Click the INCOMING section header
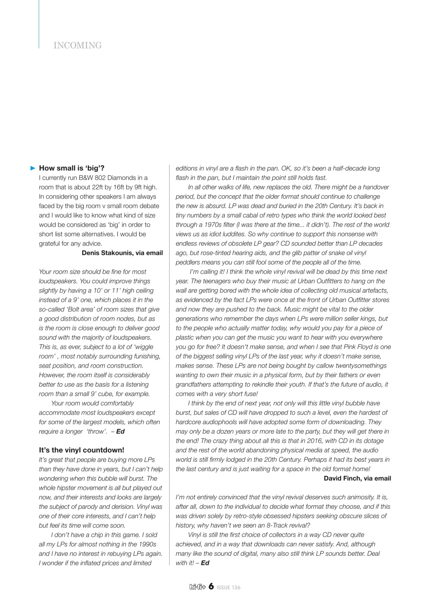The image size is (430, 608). tap(77, 46)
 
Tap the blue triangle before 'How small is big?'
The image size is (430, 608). tap(33, 168)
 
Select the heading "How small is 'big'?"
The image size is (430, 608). tap(72, 168)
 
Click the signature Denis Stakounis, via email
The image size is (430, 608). tap(122, 253)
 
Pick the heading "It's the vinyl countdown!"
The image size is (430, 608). tap(81, 450)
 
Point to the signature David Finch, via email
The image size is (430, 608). tap(357, 478)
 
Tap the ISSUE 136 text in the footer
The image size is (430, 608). tap(229, 588)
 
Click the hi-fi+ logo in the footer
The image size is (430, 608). tap(197, 588)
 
